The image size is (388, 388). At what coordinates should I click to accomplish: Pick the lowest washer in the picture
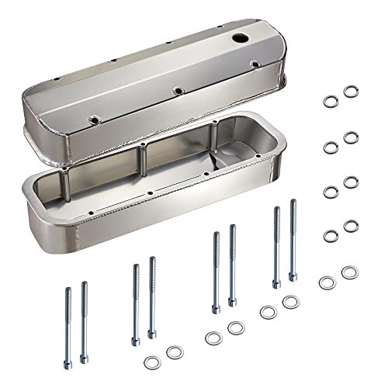pos(150,360)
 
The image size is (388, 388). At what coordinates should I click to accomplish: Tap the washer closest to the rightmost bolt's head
pos(289,301)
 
